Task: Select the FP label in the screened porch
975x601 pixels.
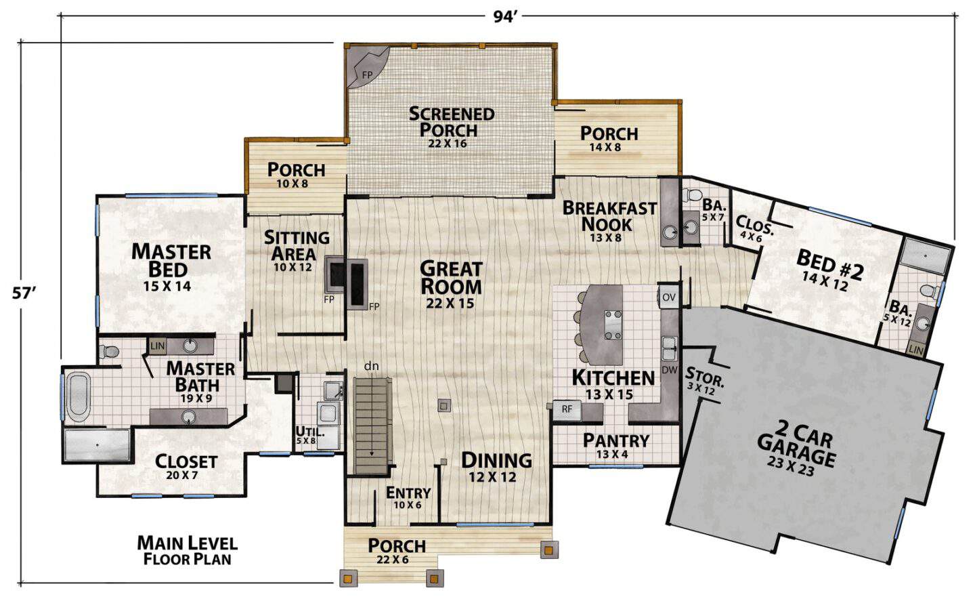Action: point(368,75)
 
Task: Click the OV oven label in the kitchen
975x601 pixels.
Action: point(668,297)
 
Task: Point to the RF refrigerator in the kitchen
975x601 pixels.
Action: point(567,409)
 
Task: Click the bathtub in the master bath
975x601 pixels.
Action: point(79,396)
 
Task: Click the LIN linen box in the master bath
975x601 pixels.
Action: point(157,346)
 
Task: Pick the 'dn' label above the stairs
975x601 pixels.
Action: point(371,366)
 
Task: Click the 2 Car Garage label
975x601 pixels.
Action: point(796,449)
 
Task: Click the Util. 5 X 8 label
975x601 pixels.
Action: point(310,434)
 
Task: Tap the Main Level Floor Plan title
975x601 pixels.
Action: point(187,550)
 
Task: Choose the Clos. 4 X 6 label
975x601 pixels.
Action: point(754,228)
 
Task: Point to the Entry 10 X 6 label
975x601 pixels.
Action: point(408,498)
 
